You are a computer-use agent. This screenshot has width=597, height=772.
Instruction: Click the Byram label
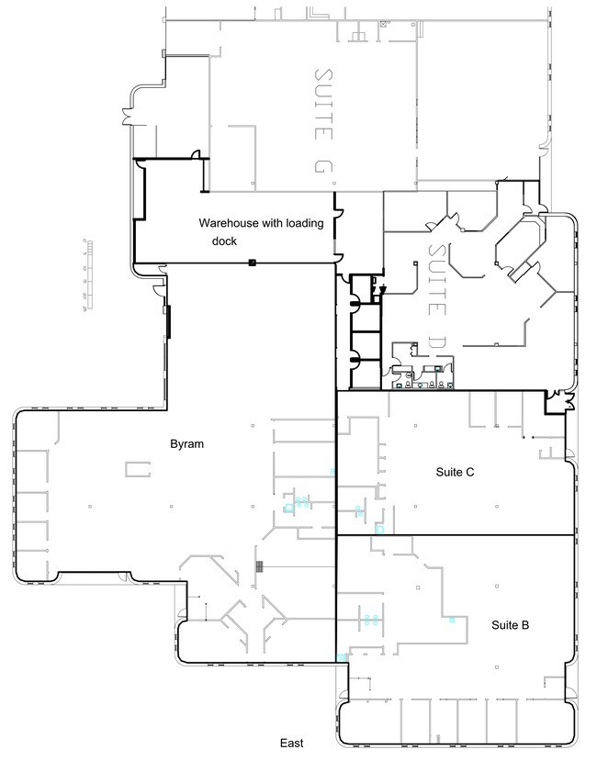186,444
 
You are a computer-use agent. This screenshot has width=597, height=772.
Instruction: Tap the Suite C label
454,472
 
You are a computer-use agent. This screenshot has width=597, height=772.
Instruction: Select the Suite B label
509,625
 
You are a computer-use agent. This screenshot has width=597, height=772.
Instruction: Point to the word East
292,743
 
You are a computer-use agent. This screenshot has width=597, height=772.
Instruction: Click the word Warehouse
227,223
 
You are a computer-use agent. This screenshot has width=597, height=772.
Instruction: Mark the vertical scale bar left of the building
89,274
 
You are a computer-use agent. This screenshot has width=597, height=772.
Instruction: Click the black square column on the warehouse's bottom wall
251,263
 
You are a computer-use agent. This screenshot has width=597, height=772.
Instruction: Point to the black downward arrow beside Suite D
382,289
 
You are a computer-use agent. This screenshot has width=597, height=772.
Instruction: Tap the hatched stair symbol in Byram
261,565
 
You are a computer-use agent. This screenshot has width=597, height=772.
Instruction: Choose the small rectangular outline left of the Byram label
138,469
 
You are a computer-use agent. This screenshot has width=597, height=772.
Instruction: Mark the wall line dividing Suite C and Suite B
455,535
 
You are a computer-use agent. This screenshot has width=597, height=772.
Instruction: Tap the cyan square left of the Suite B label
452,621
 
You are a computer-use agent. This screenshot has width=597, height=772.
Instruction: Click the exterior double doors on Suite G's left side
124,116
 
